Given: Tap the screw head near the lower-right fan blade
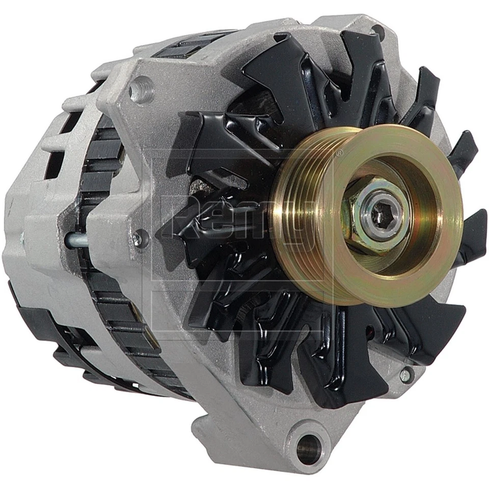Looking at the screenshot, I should pyautogui.click(x=405, y=375).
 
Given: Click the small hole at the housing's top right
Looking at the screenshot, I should pyautogui.click(x=378, y=32).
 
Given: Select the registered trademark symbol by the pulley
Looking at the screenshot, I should pyautogui.click(x=339, y=152).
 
